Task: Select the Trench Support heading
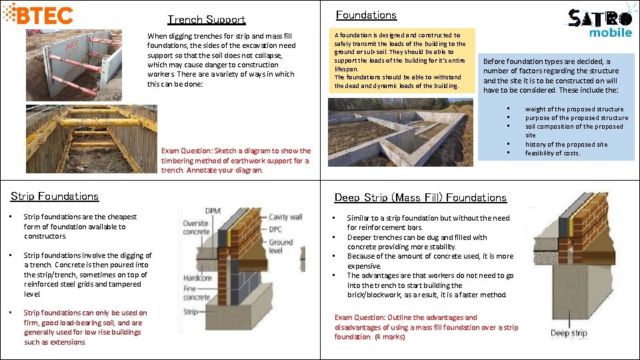pos(206,20)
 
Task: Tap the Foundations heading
pos(366,15)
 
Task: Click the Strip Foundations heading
pos(55,196)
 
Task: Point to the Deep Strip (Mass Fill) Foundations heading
pos(420,197)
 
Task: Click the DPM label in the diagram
pos(213,211)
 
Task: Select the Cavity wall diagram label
pos(285,217)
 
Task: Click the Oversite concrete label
pos(196,228)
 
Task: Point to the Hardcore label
pos(198,277)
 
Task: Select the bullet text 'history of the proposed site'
pos(566,144)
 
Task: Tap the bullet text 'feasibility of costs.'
pos(553,153)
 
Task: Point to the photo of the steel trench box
pos(75,65)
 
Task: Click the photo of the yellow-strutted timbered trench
pos(91,138)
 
